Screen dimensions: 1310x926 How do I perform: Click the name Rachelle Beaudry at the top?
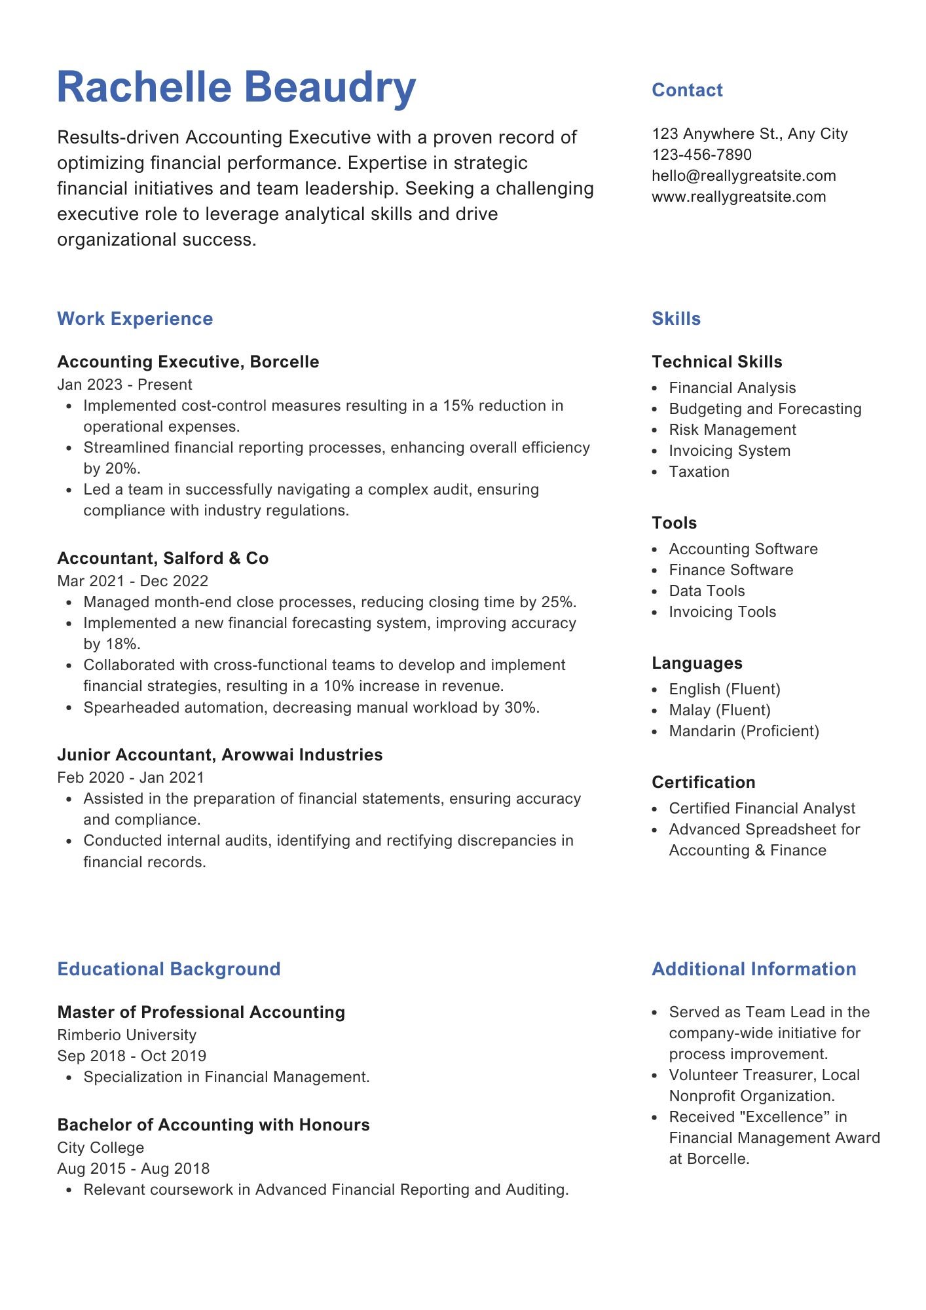[236, 87]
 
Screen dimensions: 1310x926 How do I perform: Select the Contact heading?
[687, 90]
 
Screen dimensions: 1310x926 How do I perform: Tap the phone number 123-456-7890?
[701, 155]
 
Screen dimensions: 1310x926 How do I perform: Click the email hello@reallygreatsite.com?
[743, 176]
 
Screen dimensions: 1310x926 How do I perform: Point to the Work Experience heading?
[135, 319]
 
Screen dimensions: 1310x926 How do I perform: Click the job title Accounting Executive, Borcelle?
[188, 362]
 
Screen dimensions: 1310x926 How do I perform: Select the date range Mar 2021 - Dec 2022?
[132, 581]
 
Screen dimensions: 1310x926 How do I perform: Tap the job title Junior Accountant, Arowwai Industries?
[219, 755]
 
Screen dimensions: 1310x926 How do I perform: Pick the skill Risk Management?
[732, 430]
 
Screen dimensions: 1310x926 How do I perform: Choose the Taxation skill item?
[699, 472]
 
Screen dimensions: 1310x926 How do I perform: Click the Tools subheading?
[674, 523]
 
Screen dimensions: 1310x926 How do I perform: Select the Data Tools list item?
[707, 591]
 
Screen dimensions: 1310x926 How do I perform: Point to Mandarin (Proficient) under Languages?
[743, 731]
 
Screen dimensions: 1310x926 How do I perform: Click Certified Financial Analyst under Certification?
[762, 808]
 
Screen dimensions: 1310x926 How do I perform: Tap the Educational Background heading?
[168, 969]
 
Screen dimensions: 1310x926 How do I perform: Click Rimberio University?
[126, 1035]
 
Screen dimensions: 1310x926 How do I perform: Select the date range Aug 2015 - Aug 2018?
[133, 1169]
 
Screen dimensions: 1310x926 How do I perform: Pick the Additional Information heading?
[754, 969]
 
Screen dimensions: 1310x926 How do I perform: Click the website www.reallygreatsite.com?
[738, 196]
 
